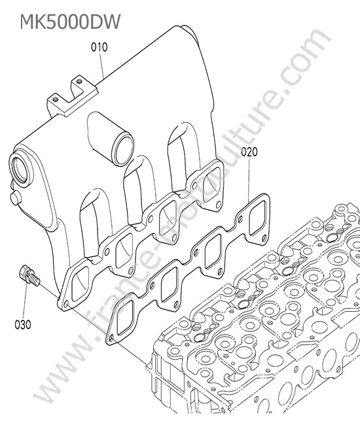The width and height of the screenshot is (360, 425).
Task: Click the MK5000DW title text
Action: tap(70, 22)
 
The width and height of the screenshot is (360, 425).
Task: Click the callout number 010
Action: tap(99, 47)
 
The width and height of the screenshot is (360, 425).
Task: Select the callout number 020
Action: tap(249, 152)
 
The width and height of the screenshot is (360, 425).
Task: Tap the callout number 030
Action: tap(23, 324)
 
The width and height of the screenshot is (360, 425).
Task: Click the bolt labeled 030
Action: tap(29, 275)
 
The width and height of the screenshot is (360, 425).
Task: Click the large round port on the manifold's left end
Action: tap(21, 170)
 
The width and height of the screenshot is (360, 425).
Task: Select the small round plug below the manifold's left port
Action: tap(16, 197)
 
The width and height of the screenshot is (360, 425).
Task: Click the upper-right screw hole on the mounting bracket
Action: tap(79, 81)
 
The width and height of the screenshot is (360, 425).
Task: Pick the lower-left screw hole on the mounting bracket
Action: tap(56, 99)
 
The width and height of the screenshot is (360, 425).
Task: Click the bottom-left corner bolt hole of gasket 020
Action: tap(111, 338)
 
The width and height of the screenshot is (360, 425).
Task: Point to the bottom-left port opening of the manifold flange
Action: tap(80, 284)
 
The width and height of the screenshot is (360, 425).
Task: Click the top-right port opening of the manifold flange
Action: tap(212, 184)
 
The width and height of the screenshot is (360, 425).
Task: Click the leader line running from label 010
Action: tap(101, 65)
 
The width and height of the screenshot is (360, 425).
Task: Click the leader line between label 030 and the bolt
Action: tap(26, 301)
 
